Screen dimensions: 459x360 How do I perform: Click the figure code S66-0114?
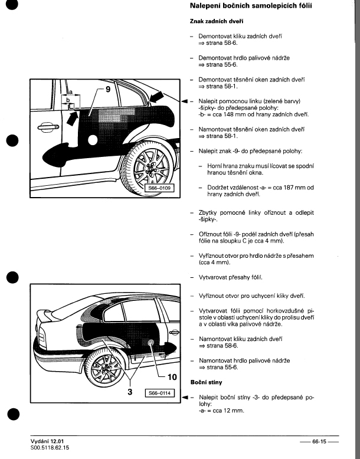click(161, 392)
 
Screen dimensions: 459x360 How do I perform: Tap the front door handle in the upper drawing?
click(46, 127)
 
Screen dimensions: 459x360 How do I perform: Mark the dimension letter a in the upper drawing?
click(70, 92)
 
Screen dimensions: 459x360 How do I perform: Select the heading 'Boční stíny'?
click(206, 382)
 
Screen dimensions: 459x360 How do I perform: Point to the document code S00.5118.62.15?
click(51, 448)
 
